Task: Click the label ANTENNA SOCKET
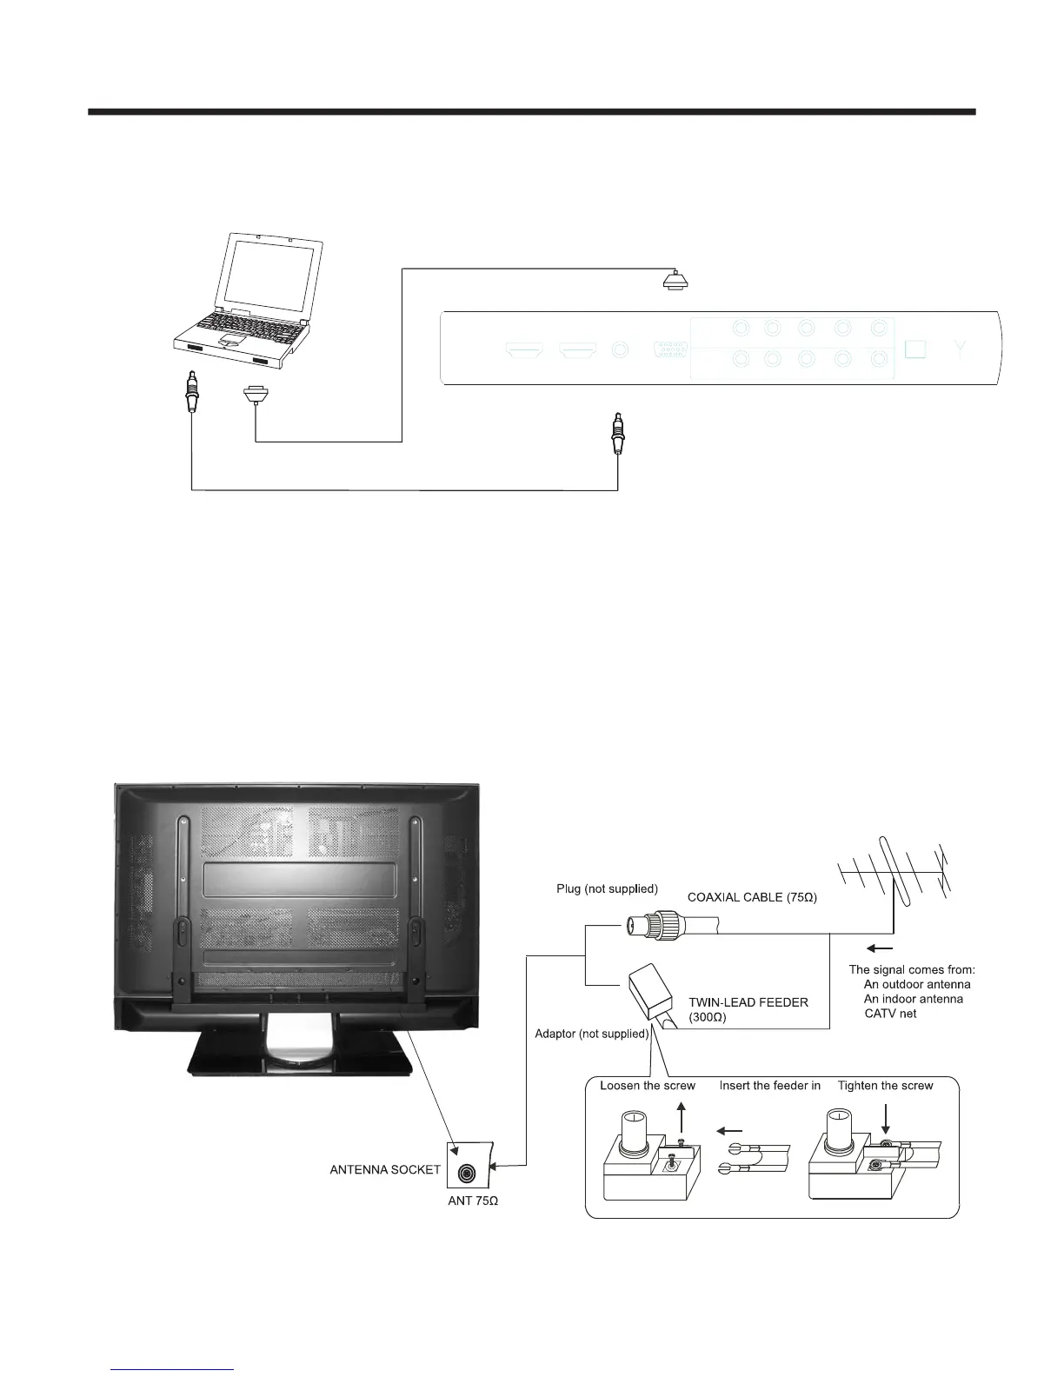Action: pyautogui.click(x=385, y=1169)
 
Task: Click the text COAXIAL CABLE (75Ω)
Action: pyautogui.click(x=752, y=896)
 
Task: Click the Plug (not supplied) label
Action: pyautogui.click(x=607, y=888)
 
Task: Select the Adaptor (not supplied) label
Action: pyautogui.click(x=592, y=1034)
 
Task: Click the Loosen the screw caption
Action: pyautogui.click(x=648, y=1086)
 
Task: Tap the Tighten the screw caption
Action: pyautogui.click(x=885, y=1086)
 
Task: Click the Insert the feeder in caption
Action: pyautogui.click(x=769, y=1086)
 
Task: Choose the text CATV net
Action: pyautogui.click(x=890, y=1014)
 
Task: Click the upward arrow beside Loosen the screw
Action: pyautogui.click(x=681, y=1115)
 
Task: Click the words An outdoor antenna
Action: pyautogui.click(x=917, y=984)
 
